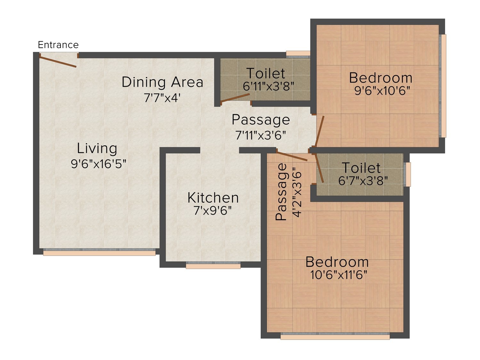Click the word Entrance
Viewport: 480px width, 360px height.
58,45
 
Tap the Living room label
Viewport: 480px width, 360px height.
97,148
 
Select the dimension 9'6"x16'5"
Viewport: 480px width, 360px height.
99,164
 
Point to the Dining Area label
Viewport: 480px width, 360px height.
163,82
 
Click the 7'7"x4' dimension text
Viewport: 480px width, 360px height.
162,98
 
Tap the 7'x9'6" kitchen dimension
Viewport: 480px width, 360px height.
212,211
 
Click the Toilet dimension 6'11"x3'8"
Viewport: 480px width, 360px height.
268,86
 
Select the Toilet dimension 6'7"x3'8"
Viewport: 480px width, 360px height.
363,180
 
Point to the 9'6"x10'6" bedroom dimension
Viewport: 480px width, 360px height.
382,90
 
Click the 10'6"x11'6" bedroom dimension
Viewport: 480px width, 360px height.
339,275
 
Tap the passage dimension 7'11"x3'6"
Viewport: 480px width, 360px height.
261,135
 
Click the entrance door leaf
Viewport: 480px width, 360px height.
58,62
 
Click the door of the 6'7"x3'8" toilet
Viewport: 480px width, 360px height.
319,168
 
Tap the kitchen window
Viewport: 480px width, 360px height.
213,265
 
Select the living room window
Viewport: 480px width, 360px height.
99,252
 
